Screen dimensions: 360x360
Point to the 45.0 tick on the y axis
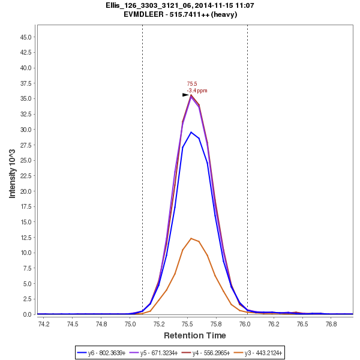[26, 37]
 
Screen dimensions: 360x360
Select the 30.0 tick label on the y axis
[26, 130]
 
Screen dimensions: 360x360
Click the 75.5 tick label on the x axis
[187, 324]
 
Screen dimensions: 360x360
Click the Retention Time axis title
[195, 335]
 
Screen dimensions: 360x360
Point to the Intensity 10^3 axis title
[13, 170]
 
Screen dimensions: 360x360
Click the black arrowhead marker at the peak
[185, 95]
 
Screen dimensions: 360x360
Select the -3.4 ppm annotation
[197, 91]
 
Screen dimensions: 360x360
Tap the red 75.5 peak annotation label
[192, 84]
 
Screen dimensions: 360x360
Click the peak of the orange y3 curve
[191, 238]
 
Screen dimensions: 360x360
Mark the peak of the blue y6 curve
[191, 132]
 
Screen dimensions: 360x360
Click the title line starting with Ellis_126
[180, 5]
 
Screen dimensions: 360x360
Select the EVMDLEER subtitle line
[180, 14]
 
